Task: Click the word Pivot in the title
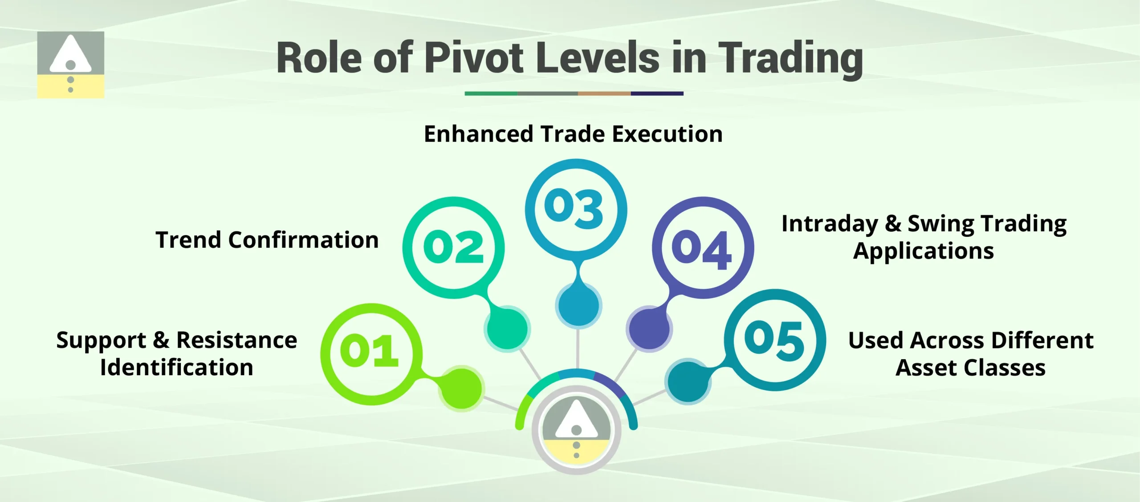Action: (x=474, y=58)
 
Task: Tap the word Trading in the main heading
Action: (x=791, y=59)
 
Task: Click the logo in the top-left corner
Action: (x=70, y=65)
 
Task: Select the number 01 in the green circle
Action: (x=369, y=352)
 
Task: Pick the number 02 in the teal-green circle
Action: (x=453, y=247)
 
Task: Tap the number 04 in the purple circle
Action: (x=702, y=248)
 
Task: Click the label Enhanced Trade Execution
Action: (x=573, y=134)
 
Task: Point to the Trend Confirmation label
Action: (x=267, y=240)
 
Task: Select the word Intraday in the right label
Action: (x=830, y=224)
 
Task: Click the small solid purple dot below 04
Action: (x=649, y=329)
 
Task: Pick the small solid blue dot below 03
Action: (x=578, y=305)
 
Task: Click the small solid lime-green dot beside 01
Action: (x=461, y=388)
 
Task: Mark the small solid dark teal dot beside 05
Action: (x=688, y=381)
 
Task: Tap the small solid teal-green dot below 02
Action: (x=507, y=329)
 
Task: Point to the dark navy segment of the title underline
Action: (x=657, y=93)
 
